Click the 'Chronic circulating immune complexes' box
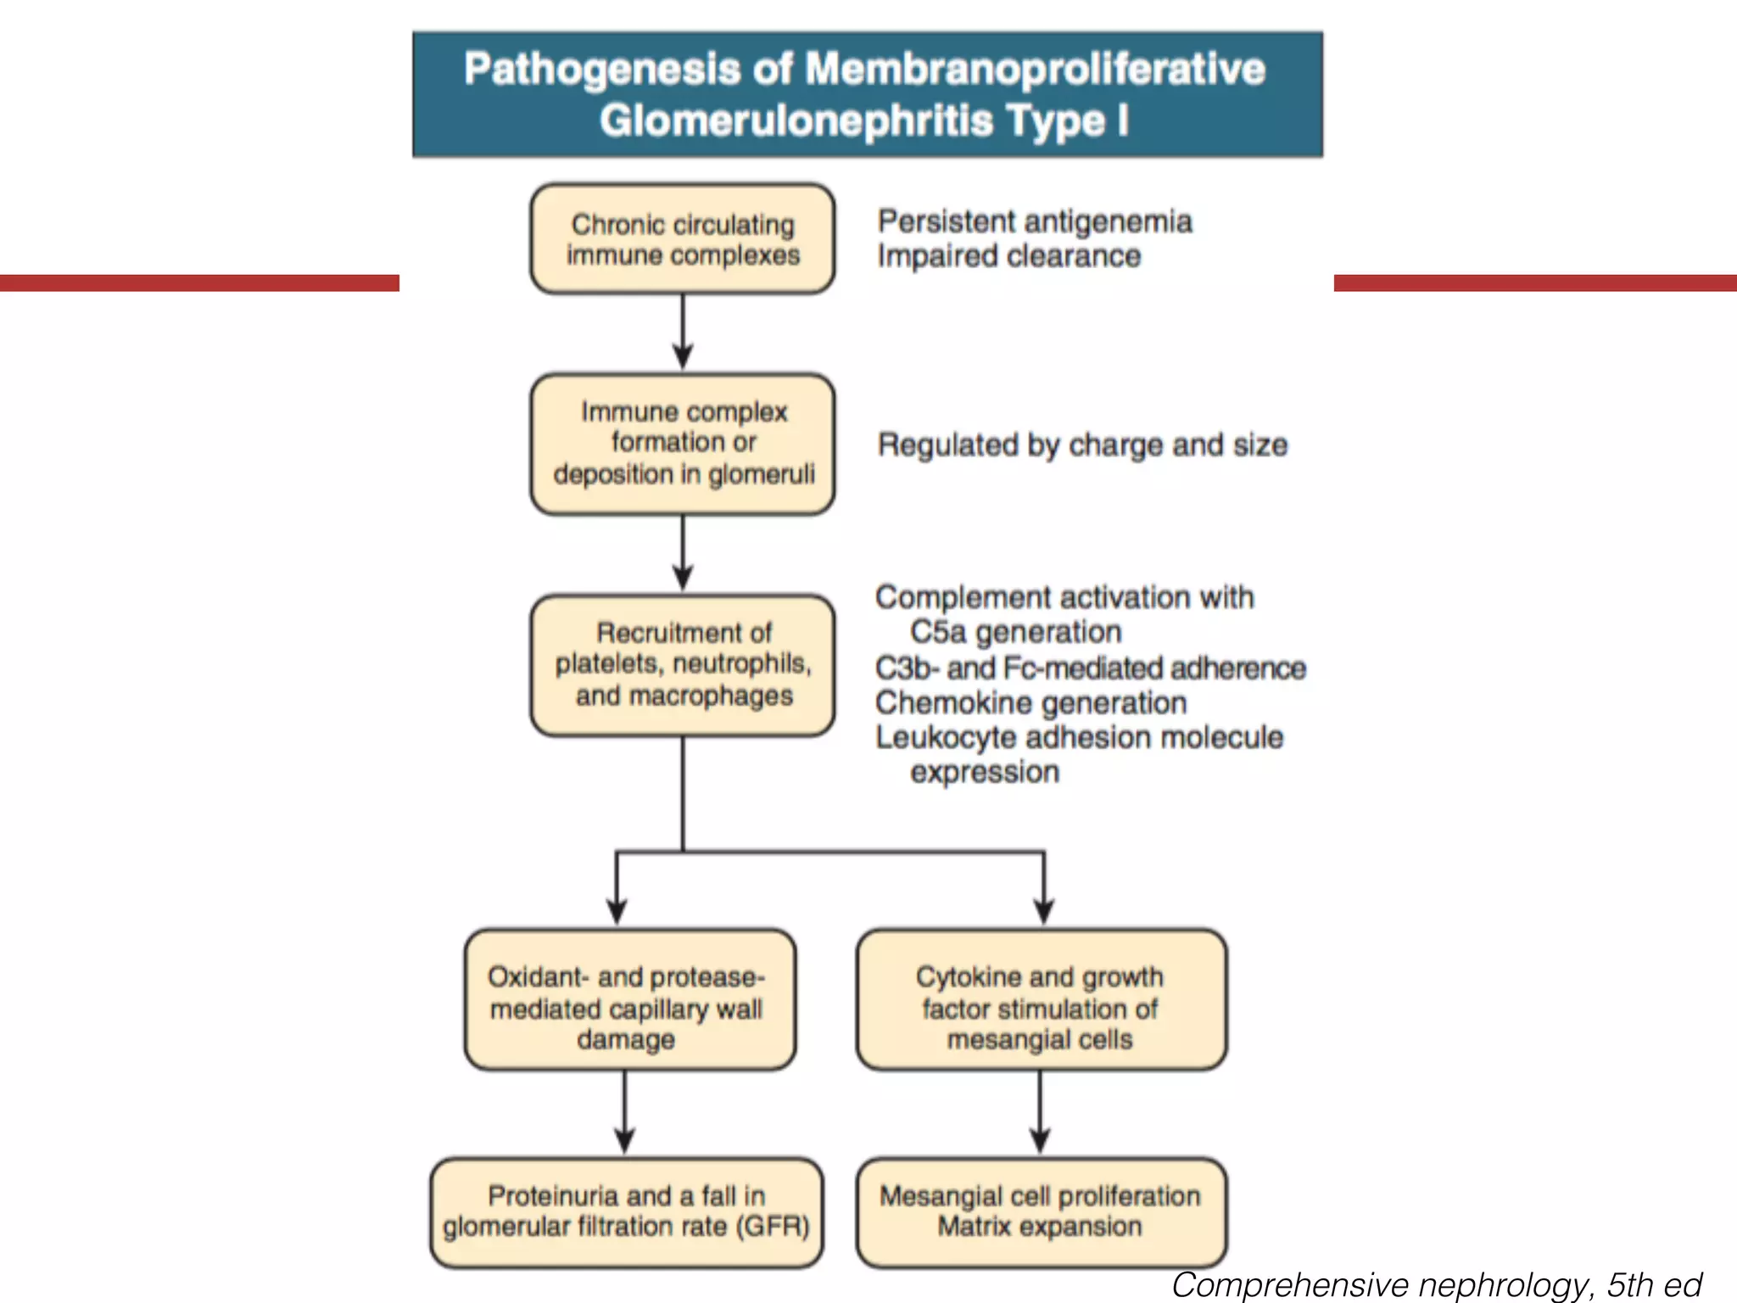click(x=683, y=239)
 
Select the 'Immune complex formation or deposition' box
click(x=683, y=444)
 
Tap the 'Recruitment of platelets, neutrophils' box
click(x=683, y=664)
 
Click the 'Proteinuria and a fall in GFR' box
click(x=626, y=1211)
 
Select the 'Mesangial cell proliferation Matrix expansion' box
click(x=1041, y=1211)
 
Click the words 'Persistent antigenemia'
click(x=1035, y=222)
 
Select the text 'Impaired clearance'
click(x=1009, y=256)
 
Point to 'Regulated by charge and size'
click(x=1082, y=445)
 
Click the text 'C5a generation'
click(x=1015, y=632)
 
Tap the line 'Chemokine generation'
click(x=1030, y=703)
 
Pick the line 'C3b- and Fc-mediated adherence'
click(x=1090, y=668)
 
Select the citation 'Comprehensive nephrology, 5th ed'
click(x=1437, y=1284)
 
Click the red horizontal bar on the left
click(x=199, y=282)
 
